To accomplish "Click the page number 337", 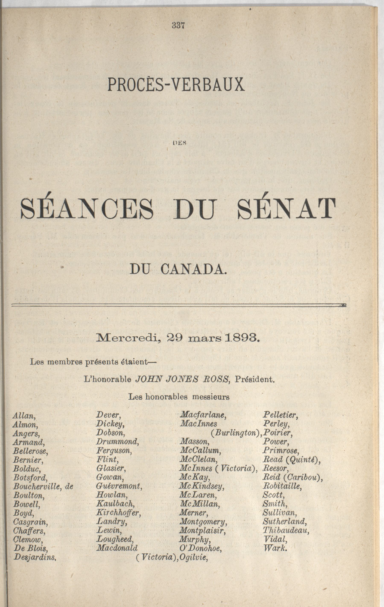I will click(x=178, y=25).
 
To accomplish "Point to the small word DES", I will click(x=179, y=143).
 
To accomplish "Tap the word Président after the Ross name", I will click(x=254, y=379).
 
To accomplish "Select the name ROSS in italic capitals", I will click(x=215, y=379).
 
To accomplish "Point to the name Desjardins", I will click(x=35, y=557).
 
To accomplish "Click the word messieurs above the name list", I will click(x=211, y=397).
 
